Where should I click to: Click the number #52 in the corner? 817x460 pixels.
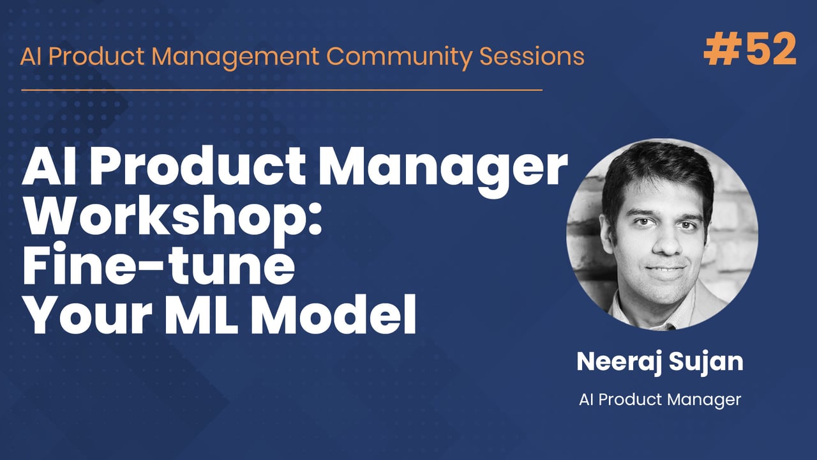click(x=750, y=50)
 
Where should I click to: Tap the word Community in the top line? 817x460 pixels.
click(x=400, y=56)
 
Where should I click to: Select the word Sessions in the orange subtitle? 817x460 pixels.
click(x=531, y=56)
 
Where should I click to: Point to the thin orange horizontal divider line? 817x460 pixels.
click(x=281, y=90)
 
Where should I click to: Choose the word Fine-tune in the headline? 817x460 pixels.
click(x=158, y=268)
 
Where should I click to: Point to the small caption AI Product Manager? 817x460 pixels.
click(x=660, y=400)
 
